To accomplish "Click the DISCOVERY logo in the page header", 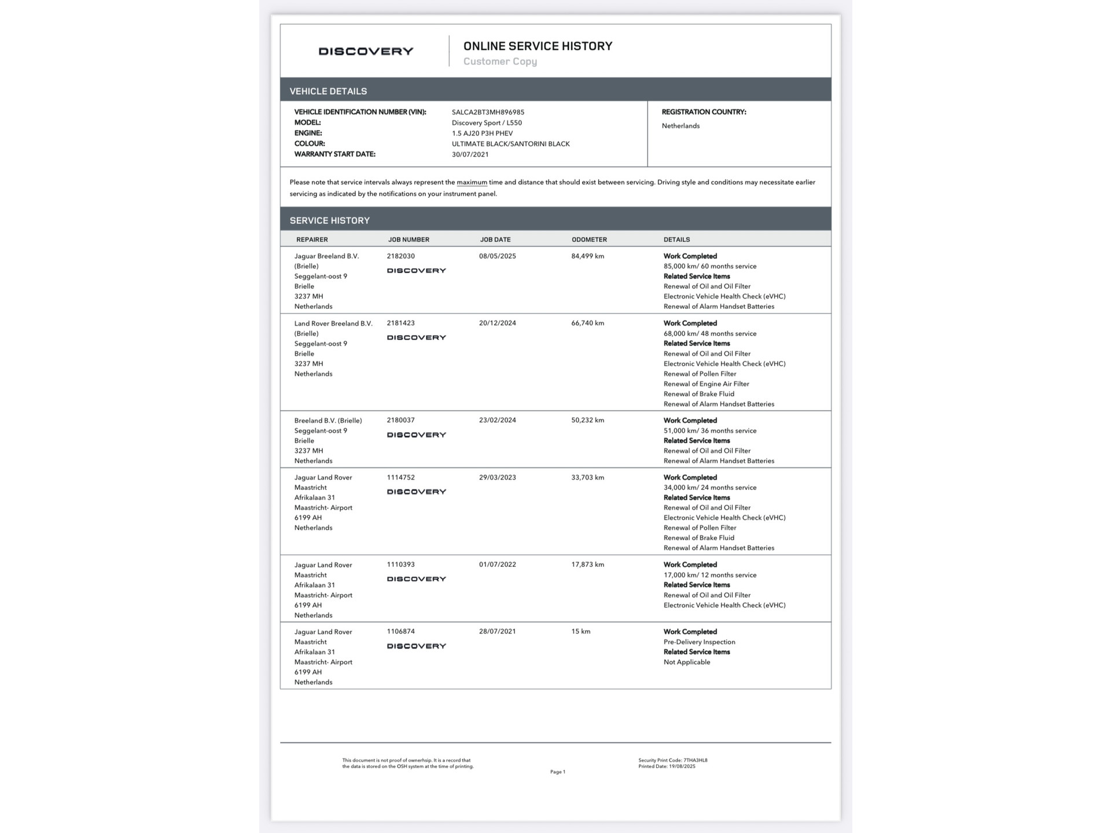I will point(366,51).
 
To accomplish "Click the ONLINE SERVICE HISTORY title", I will point(538,46).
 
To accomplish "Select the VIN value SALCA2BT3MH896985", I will point(488,112).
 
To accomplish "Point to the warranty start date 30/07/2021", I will point(470,154).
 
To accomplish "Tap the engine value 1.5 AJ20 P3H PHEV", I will point(482,133).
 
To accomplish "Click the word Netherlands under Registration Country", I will point(680,126).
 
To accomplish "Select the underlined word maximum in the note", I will point(472,182).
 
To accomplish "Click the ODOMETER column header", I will point(589,239).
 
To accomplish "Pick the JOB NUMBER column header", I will point(409,239).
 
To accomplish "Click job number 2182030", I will point(400,256).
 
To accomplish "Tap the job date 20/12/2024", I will point(497,323).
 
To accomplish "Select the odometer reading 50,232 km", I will point(587,421).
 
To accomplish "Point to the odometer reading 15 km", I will point(580,632).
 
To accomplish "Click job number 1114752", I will point(400,478).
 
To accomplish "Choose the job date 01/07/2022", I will point(497,565).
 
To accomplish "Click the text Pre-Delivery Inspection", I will point(699,642).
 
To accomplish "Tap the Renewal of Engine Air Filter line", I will point(706,384).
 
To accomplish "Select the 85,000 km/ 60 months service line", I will point(709,267).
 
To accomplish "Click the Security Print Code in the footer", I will point(672,761).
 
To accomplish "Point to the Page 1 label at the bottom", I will point(557,772).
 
